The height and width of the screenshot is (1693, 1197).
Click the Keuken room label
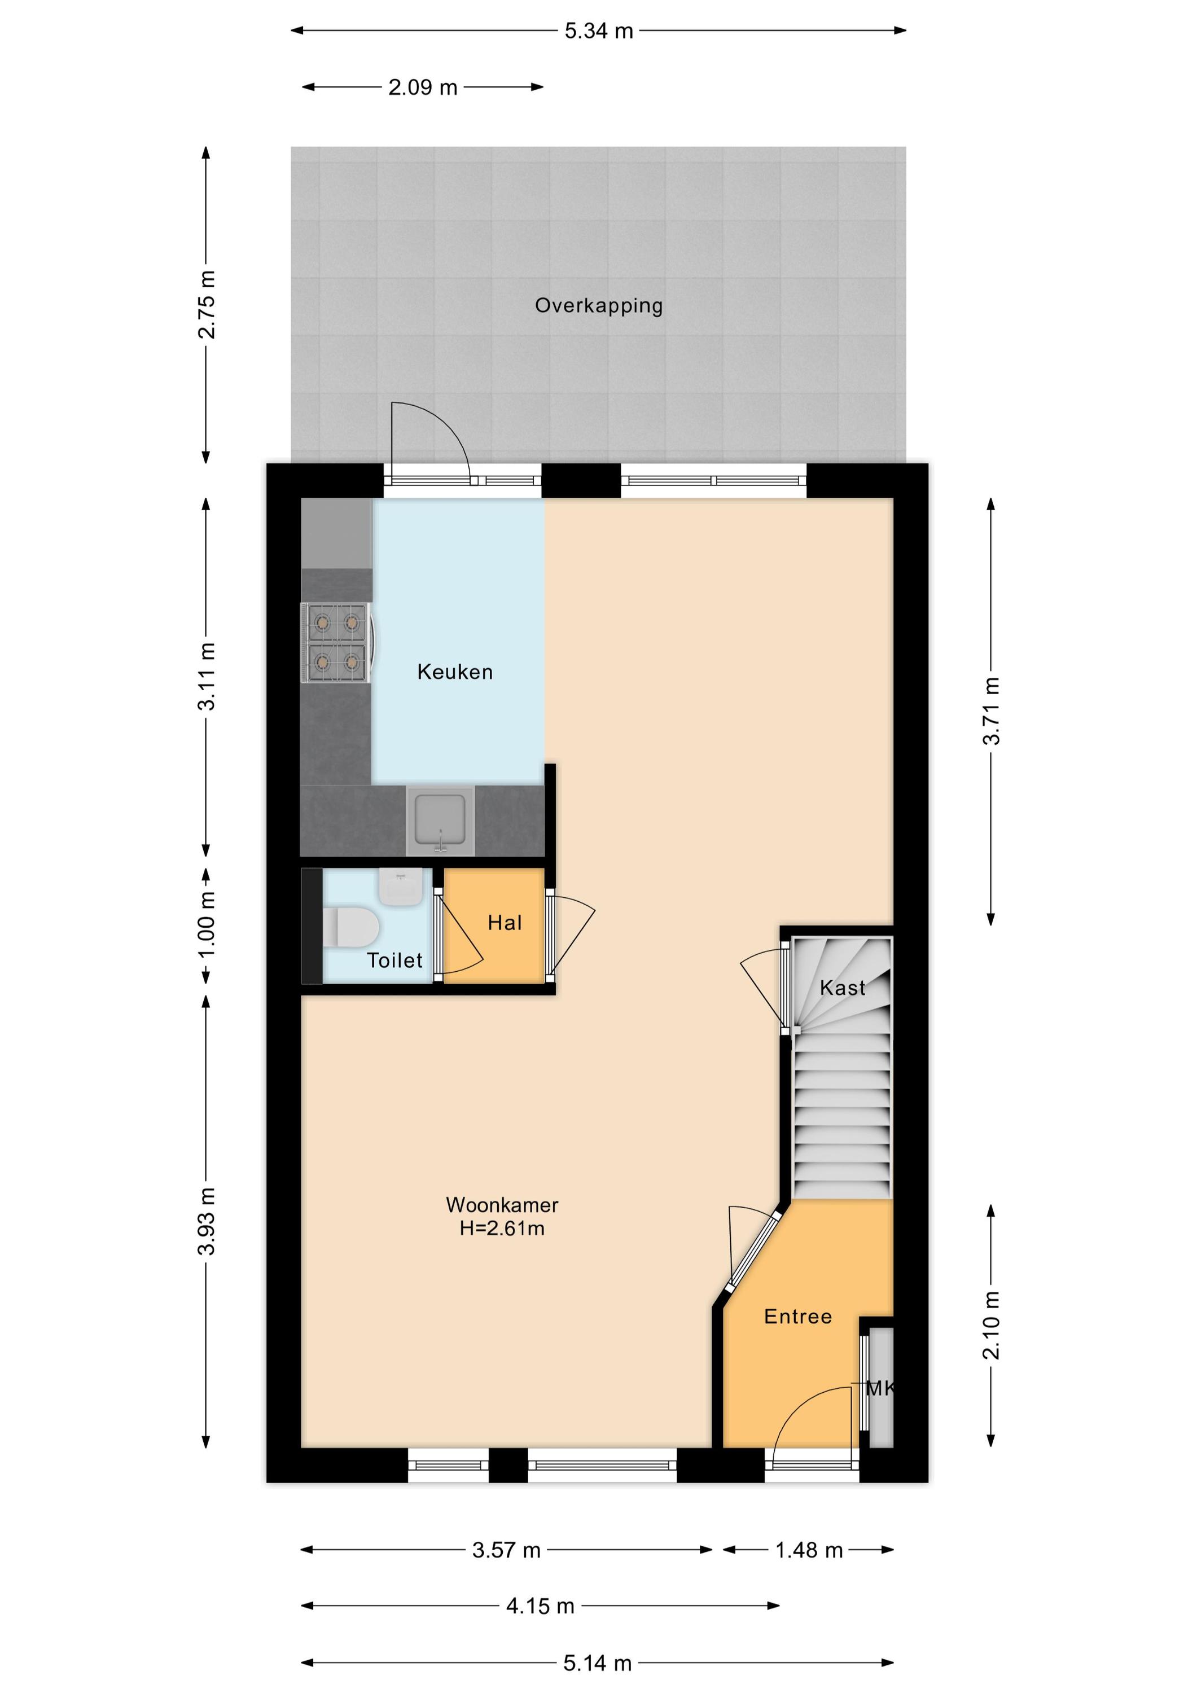click(x=454, y=672)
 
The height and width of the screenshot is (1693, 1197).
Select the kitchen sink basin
click(x=440, y=819)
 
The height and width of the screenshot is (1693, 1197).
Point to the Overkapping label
click(x=599, y=306)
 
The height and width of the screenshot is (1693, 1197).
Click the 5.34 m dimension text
click(x=599, y=31)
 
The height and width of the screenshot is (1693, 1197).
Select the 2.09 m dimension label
click(x=423, y=87)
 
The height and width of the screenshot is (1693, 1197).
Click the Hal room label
click(x=505, y=923)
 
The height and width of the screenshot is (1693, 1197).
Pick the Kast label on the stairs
click(x=842, y=988)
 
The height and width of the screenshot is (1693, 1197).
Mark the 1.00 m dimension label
click(x=207, y=925)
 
